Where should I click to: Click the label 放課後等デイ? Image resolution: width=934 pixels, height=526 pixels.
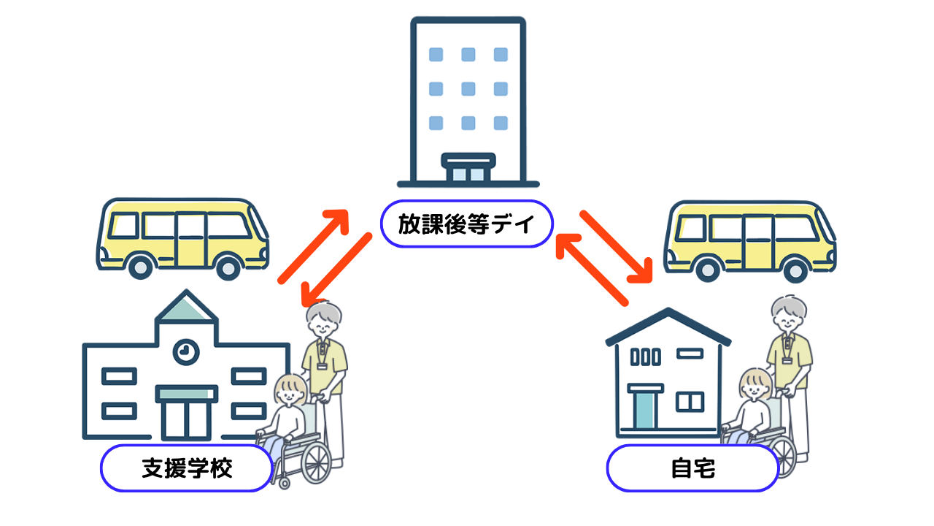(x=467, y=224)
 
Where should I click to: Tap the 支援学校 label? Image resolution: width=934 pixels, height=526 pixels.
(x=187, y=468)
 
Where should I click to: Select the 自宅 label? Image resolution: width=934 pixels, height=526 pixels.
(x=692, y=468)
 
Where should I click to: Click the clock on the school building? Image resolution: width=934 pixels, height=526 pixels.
(x=185, y=352)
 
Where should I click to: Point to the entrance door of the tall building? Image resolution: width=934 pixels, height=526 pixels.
(x=468, y=170)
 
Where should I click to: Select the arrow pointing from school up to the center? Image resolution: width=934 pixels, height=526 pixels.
(x=314, y=245)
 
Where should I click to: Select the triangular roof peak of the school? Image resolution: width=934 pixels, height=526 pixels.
(x=187, y=307)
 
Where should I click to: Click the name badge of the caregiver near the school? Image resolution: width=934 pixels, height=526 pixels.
(x=322, y=365)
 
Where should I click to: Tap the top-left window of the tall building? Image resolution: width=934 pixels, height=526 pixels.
(x=436, y=54)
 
